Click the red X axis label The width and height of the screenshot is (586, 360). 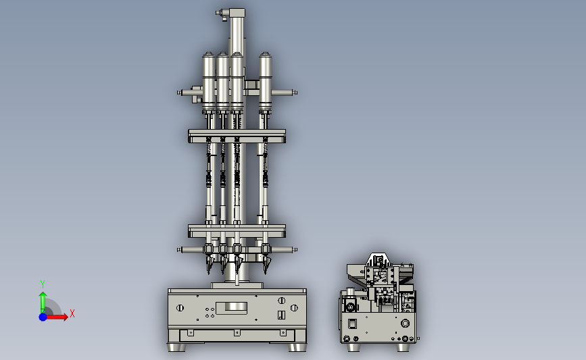pyautogui.click(x=72, y=313)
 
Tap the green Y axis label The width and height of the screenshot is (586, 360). pyautogui.click(x=43, y=284)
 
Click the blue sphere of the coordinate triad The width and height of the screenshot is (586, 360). pyautogui.click(x=43, y=317)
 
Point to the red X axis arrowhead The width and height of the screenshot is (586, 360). pyautogui.click(x=66, y=317)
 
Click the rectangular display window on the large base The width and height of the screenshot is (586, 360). pyautogui.click(x=231, y=308)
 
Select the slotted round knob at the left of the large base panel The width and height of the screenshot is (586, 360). pyautogui.click(x=180, y=308)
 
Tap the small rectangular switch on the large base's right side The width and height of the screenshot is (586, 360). pyautogui.click(x=281, y=315)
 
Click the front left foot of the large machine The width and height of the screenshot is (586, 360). pyautogui.click(x=176, y=347)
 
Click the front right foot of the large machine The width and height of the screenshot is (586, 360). pyautogui.click(x=297, y=347)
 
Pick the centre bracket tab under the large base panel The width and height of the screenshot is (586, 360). pyautogui.click(x=237, y=332)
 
